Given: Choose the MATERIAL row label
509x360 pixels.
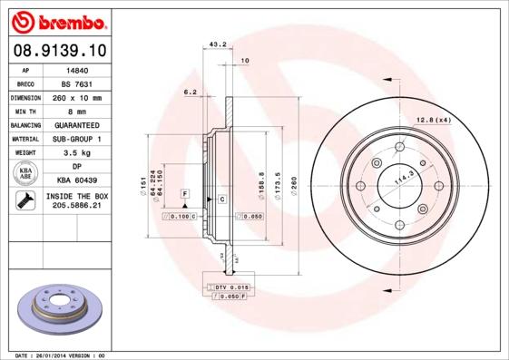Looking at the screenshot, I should click(x=24, y=139).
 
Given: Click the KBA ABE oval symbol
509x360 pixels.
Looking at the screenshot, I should click(x=26, y=174).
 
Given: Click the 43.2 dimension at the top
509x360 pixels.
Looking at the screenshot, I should click(x=218, y=43).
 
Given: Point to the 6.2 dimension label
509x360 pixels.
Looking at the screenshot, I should click(x=190, y=92).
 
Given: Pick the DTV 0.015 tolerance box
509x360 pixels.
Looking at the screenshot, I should click(x=233, y=287).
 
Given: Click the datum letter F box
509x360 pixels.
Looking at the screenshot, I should click(x=184, y=194).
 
